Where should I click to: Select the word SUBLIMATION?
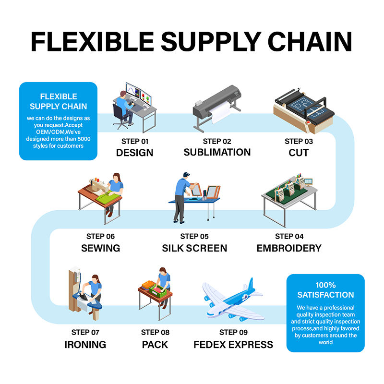pyautogui.click(x=217, y=152)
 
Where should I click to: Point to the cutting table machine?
pyautogui.click(x=303, y=108)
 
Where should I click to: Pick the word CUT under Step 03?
pyautogui.click(x=299, y=153)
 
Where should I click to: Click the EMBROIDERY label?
pyautogui.click(x=289, y=248)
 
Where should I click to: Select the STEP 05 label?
pyautogui.click(x=195, y=236)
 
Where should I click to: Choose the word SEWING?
pyautogui.click(x=101, y=248)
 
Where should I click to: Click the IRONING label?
pyautogui.click(x=85, y=345)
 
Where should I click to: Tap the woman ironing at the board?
pyautogui.click(x=94, y=290)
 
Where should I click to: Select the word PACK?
pyautogui.click(x=156, y=345)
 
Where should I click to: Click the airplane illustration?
pyautogui.click(x=233, y=300)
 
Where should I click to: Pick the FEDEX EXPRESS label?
pyautogui.click(x=233, y=345)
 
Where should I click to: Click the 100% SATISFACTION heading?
pyautogui.click(x=325, y=290)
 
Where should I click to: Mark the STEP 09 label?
pyautogui.click(x=233, y=332)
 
